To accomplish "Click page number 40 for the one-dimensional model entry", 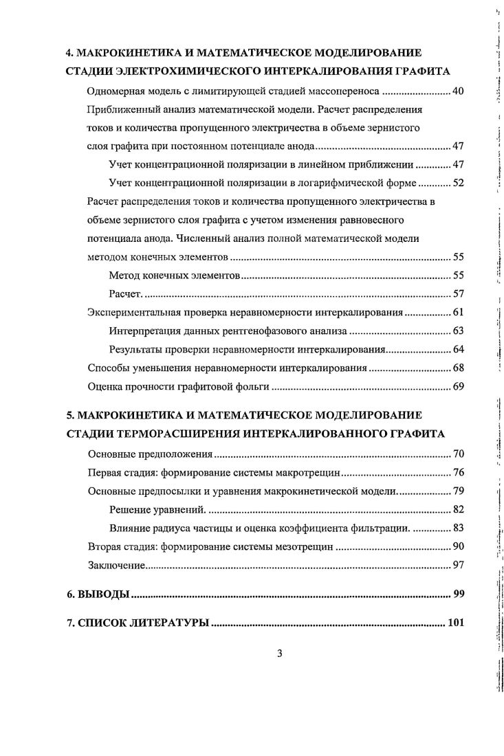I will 459,91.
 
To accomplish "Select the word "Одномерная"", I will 116,91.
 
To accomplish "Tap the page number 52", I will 459,184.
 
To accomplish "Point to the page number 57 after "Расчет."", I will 459,294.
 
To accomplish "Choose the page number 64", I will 459,350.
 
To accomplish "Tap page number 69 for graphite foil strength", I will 459,387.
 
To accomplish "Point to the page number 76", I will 459,474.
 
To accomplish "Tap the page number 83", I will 459,529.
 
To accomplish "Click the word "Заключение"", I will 116,566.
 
